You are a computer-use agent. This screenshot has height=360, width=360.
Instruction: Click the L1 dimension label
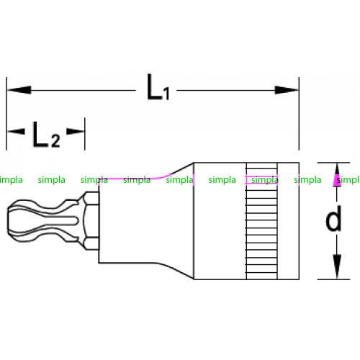click(x=158, y=87)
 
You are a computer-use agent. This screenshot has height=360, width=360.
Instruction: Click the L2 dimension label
click(x=46, y=135)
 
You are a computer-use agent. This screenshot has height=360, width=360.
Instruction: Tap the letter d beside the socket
click(x=333, y=219)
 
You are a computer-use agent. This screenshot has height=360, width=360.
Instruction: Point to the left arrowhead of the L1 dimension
click(x=19, y=90)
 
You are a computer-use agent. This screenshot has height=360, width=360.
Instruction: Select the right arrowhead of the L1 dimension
click(x=287, y=90)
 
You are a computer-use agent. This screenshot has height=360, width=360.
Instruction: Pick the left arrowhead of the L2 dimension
click(x=16, y=131)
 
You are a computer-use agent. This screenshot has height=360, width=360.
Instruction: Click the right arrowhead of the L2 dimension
click(x=76, y=131)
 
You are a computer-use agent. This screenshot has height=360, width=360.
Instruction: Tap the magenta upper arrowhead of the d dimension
click(x=337, y=175)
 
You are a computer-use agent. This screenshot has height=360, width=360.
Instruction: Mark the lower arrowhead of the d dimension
click(x=337, y=266)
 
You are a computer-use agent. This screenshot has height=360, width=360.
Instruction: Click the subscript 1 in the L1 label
click(x=166, y=94)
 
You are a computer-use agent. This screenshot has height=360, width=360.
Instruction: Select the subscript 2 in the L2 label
click(x=55, y=140)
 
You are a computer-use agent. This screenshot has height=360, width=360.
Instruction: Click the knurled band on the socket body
click(x=262, y=221)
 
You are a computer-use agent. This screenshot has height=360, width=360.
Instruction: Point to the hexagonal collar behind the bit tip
click(x=91, y=221)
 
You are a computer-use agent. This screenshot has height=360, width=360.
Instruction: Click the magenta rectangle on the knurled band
click(x=261, y=180)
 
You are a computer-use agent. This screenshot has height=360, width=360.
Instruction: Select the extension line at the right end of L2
click(x=85, y=134)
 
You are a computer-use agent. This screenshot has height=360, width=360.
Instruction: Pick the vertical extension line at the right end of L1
click(x=299, y=114)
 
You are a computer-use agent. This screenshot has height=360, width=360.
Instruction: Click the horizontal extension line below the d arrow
click(x=333, y=279)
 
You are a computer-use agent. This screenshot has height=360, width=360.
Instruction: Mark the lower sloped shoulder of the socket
click(x=175, y=271)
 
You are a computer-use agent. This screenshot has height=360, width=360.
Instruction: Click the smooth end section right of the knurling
click(x=288, y=221)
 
